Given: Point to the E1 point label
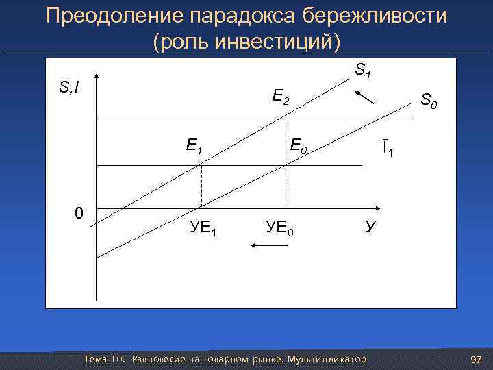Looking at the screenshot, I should (194, 146).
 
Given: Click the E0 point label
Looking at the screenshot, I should (300, 146).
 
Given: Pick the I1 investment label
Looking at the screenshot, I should (387, 146).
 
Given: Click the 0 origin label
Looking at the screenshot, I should (79, 213).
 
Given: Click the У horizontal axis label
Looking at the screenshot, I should (370, 226).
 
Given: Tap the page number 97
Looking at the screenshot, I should (477, 360).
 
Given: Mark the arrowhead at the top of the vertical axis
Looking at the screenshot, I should (97, 76).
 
